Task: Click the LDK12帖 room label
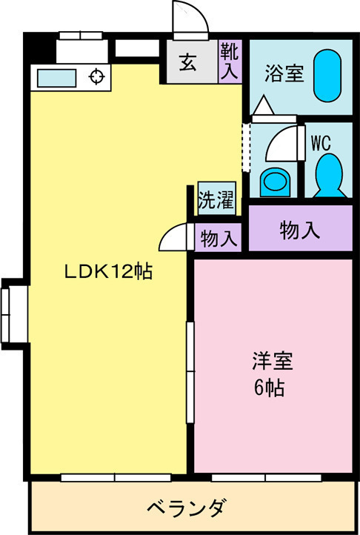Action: [108, 272]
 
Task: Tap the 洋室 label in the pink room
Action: [272, 363]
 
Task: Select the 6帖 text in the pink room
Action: [271, 388]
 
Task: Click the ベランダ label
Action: [187, 509]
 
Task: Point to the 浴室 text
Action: [284, 73]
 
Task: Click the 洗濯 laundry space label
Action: [216, 200]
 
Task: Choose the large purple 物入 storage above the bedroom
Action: [300, 230]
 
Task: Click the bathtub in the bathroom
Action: [326, 76]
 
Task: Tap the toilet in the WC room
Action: [327, 175]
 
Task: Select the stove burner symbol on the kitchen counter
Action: [96, 76]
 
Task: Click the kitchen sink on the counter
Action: [53, 77]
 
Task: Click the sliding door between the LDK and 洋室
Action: [190, 370]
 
